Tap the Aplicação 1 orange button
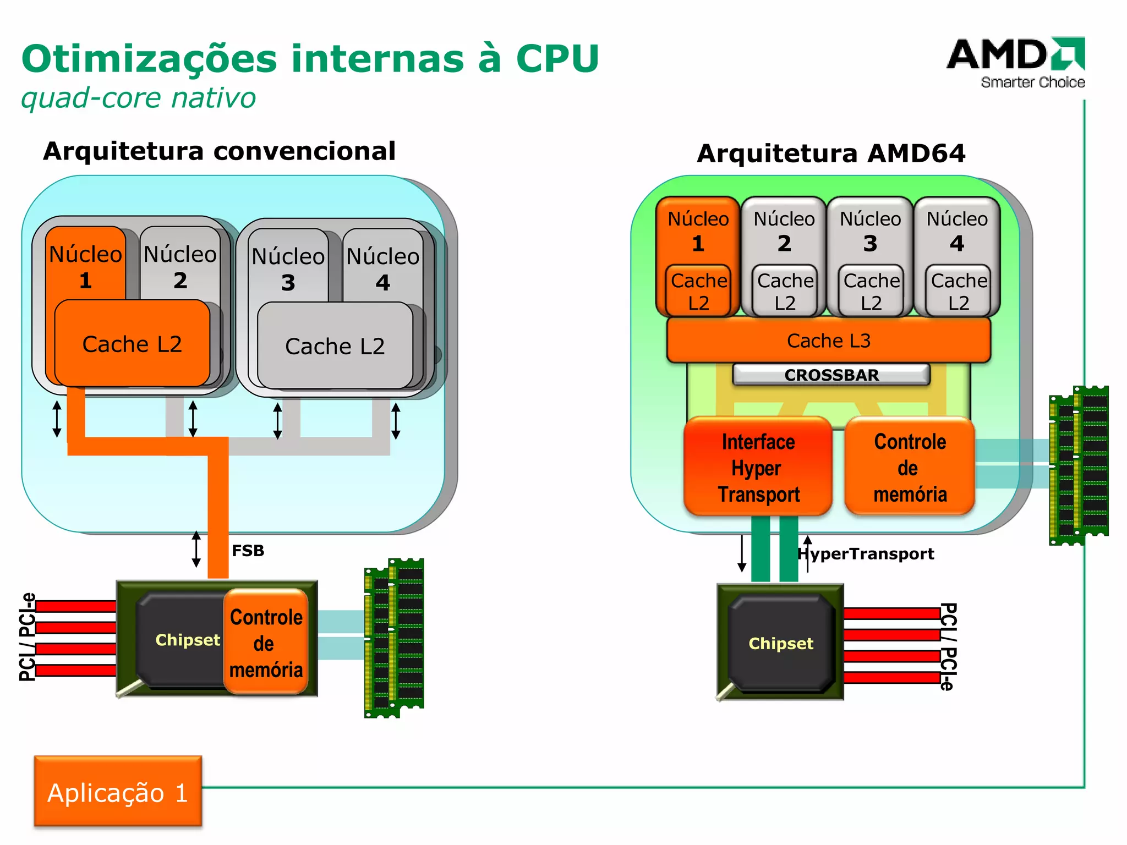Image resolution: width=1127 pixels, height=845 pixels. (118, 792)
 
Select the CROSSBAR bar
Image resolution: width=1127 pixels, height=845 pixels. (831, 375)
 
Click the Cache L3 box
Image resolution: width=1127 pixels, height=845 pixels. (828, 341)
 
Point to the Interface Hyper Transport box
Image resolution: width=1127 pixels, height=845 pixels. (758, 468)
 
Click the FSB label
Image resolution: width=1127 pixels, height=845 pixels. (248, 551)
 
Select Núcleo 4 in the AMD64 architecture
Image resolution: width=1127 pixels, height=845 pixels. (956, 231)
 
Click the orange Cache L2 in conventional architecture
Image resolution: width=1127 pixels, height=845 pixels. (132, 344)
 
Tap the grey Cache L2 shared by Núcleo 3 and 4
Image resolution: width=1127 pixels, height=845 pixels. (335, 347)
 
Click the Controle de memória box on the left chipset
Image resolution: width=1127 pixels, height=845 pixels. (266, 643)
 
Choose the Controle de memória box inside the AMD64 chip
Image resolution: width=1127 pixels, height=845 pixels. (910, 468)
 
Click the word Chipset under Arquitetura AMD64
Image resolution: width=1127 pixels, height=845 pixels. (780, 644)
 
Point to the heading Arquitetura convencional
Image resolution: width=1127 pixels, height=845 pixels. (219, 151)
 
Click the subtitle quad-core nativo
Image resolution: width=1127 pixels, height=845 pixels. (138, 98)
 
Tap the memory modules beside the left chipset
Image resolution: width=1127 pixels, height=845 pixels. (394, 638)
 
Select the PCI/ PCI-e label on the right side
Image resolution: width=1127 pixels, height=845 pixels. (948, 646)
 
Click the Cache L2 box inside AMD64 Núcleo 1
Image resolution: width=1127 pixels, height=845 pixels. (698, 292)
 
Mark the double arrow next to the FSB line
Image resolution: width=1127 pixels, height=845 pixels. (196, 549)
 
